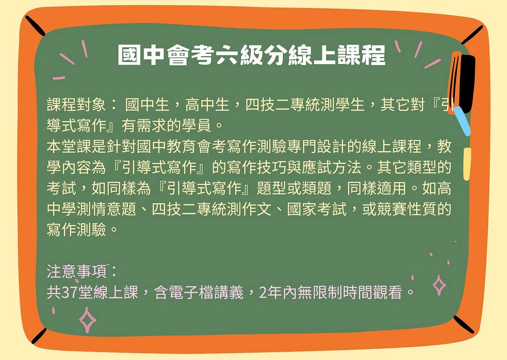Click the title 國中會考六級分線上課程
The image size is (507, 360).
point(252,55)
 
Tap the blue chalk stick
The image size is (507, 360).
point(462,121)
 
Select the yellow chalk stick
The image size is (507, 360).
point(467,164)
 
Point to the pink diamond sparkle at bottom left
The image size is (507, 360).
point(87,320)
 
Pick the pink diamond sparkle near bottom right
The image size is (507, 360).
point(439,285)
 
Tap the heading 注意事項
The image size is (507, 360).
point(76,271)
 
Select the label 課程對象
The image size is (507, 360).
point(76,105)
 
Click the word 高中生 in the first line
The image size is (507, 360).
point(207,105)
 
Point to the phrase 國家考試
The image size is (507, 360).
point(317,209)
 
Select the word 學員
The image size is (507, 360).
point(196,125)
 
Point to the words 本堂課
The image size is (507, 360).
point(69,146)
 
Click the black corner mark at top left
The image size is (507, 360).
point(35,25)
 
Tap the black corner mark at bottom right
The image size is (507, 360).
point(463,324)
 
